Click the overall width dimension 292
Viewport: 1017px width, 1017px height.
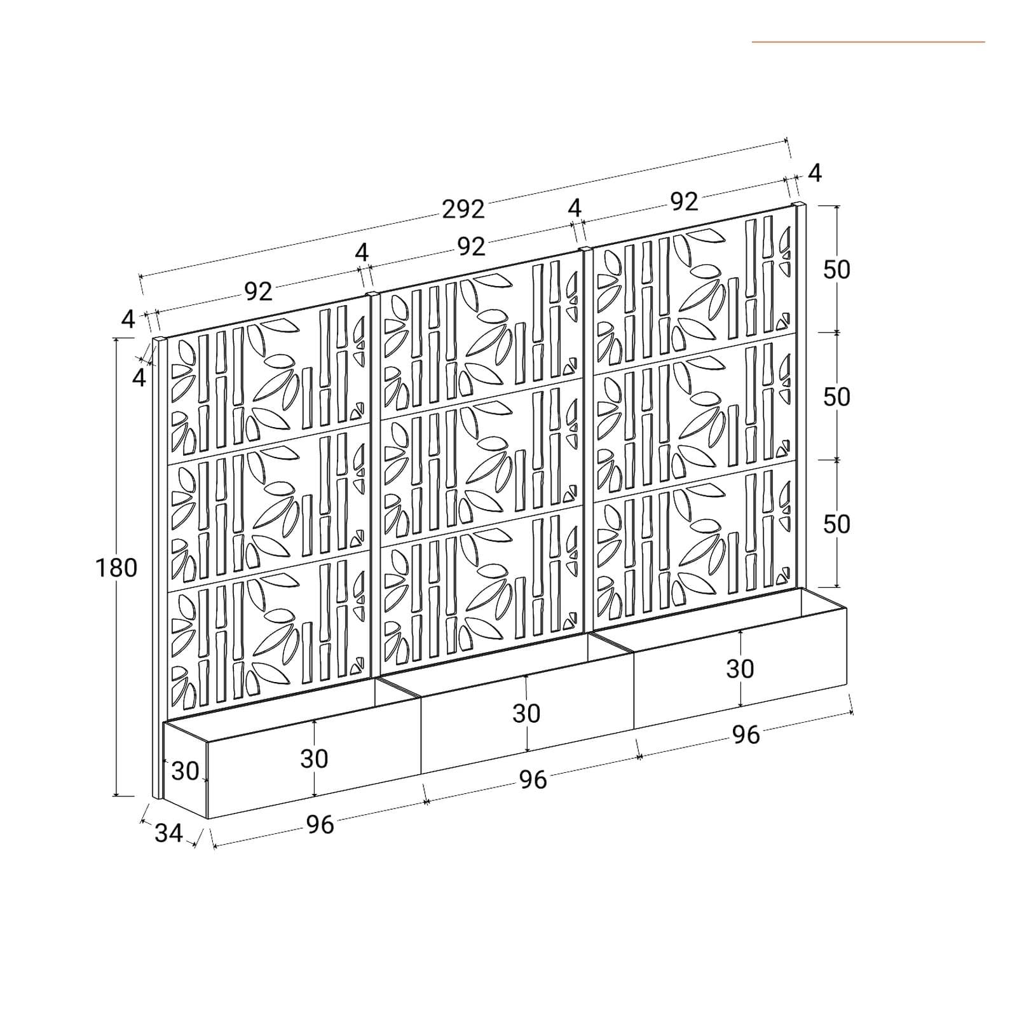[463, 209]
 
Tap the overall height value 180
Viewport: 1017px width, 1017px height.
[116, 568]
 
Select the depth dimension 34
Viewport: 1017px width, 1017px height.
[168, 833]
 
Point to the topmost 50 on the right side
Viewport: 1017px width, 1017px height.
[836, 270]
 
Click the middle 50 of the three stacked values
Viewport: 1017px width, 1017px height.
[836, 397]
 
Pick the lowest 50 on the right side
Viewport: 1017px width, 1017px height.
[836, 524]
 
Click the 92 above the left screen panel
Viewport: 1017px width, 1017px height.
[259, 292]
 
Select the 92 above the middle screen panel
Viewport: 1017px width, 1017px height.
[471, 247]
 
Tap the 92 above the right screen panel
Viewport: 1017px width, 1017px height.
[684, 201]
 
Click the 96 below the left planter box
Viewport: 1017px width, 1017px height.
[320, 824]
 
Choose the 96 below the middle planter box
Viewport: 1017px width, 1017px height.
[533, 779]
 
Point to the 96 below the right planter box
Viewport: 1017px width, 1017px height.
[746, 735]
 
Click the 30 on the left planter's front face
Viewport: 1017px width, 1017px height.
[314, 758]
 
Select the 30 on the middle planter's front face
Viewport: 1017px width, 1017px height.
[526, 714]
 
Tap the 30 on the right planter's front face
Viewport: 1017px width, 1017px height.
[740, 669]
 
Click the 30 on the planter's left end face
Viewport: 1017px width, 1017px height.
[186, 771]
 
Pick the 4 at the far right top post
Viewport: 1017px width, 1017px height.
[815, 172]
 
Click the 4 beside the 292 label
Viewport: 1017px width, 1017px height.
[575, 208]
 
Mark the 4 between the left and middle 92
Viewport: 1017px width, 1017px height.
[362, 253]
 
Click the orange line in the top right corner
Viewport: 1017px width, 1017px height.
[868, 42]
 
